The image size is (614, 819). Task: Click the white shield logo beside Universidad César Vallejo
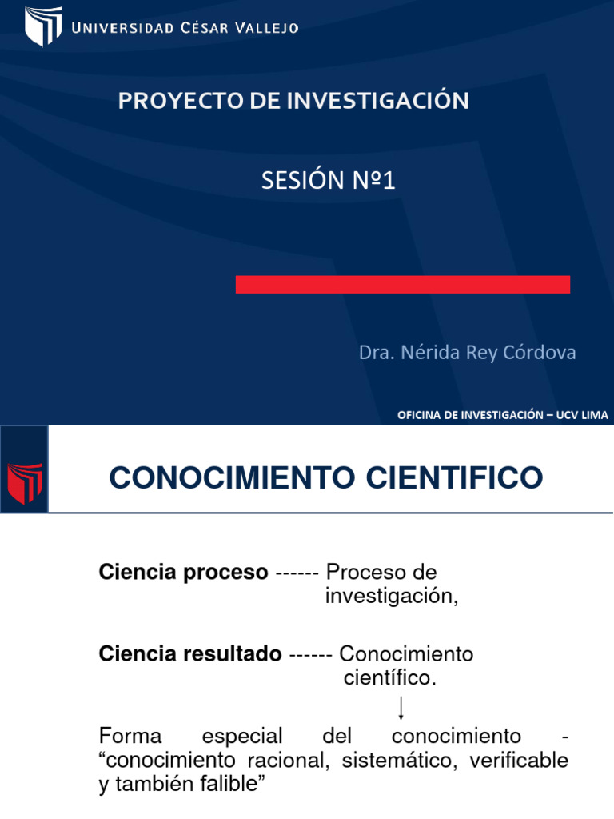(43, 26)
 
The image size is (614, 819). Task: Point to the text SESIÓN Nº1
(329, 182)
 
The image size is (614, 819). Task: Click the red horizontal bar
(402, 284)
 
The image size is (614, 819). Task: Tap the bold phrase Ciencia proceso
(183, 573)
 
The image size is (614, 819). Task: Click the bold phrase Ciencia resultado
(189, 654)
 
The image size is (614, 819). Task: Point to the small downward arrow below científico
(401, 708)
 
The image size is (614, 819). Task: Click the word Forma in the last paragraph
(130, 736)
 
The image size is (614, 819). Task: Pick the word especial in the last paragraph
(242, 736)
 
